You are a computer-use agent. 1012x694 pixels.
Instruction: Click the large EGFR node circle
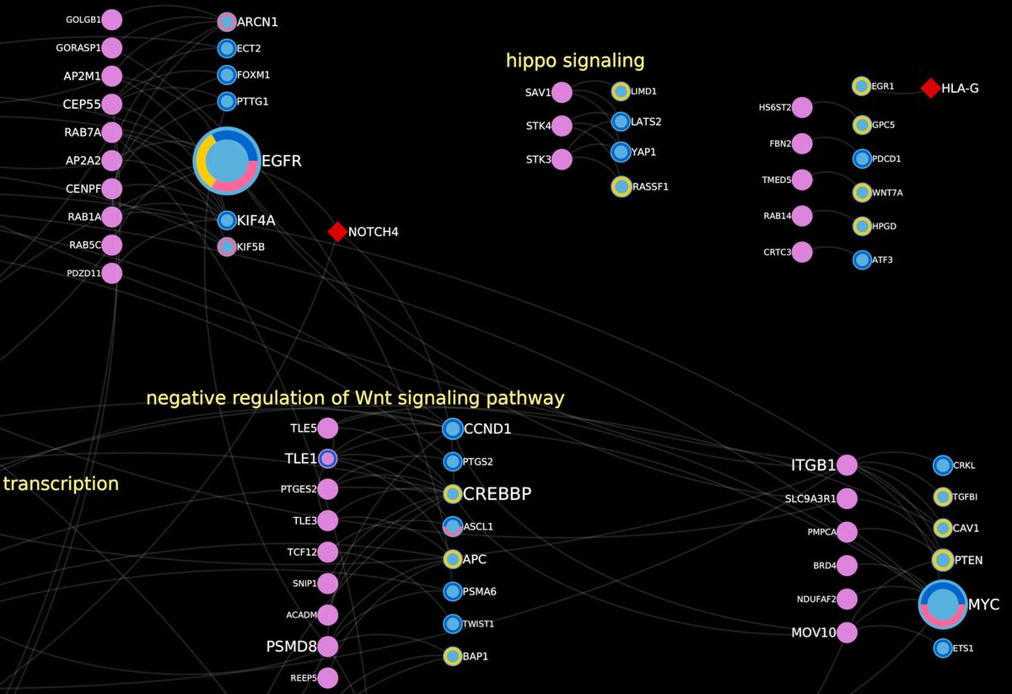[227, 159]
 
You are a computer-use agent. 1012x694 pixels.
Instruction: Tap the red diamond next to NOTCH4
[337, 232]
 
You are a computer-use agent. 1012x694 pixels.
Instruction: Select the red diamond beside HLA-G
[930, 88]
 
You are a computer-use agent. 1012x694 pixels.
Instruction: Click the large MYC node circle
[943, 605]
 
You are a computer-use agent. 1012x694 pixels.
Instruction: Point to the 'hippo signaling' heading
[575, 61]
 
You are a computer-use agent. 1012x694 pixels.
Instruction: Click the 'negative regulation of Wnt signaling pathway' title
[355, 398]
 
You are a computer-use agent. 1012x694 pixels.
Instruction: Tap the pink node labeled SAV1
[562, 93]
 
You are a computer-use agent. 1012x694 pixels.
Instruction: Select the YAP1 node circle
[621, 152]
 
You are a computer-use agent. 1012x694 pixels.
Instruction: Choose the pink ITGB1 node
[847, 465]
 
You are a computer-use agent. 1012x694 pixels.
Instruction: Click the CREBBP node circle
[452, 493]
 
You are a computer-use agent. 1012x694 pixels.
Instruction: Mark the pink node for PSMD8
[327, 647]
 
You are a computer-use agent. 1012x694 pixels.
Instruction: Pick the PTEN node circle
[943, 560]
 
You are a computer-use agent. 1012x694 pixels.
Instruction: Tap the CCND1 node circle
[452, 428]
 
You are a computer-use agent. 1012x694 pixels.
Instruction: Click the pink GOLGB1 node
[112, 20]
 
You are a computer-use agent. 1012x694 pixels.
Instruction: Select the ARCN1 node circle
[226, 22]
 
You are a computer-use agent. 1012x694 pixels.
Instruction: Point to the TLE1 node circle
[327, 458]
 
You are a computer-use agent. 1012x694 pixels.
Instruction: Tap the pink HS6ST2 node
[802, 107]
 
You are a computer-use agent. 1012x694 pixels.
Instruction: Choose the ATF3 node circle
[861, 260]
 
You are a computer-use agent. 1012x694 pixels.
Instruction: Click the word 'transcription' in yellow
[61, 484]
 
